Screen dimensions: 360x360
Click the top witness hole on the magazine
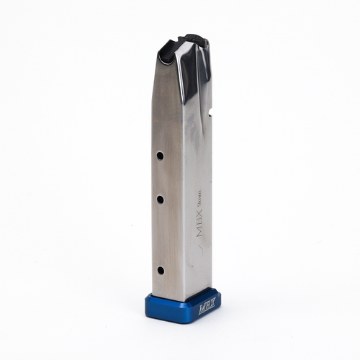pos(161,155)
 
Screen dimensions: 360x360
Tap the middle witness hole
pos(161,198)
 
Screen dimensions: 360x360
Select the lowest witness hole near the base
pos(161,271)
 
